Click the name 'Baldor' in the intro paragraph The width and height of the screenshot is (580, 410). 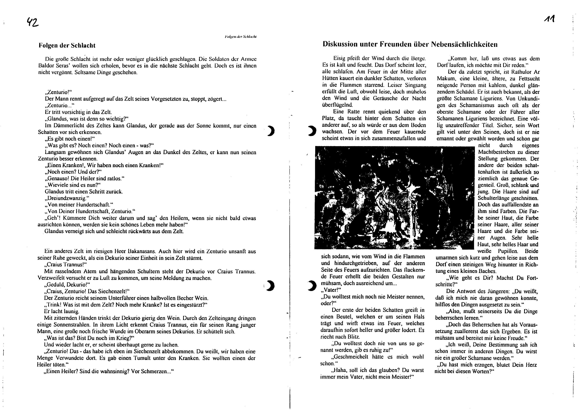pyautogui.click(x=45, y=66)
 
